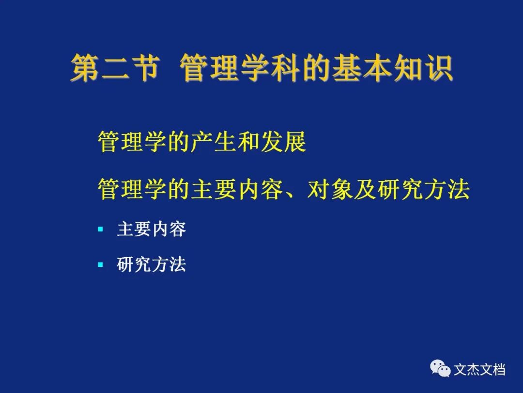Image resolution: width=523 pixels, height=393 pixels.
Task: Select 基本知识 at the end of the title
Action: (x=393, y=68)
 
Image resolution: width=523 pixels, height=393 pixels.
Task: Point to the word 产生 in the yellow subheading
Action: (x=214, y=142)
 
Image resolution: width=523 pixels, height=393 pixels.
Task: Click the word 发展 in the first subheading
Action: (x=283, y=142)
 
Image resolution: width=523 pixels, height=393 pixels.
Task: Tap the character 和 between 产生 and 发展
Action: (x=249, y=142)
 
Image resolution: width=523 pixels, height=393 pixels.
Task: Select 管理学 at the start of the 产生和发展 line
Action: (x=132, y=142)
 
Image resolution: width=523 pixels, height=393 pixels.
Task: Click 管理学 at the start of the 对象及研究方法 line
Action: (x=132, y=189)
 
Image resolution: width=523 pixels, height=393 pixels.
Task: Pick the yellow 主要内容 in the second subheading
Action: (x=237, y=189)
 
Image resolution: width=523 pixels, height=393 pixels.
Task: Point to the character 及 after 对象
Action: (x=365, y=189)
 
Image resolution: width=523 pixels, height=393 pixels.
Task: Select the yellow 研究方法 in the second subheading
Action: (x=423, y=189)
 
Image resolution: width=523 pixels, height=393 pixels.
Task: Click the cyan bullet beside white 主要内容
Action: (x=101, y=229)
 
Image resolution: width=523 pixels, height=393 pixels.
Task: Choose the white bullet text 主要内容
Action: (x=152, y=229)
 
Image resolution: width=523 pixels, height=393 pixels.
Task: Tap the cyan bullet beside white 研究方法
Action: (x=101, y=265)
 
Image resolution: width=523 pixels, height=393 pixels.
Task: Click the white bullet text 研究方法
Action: (x=152, y=265)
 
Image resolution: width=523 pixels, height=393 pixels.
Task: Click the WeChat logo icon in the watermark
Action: (x=440, y=368)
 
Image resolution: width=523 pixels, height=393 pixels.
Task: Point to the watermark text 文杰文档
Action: (x=479, y=370)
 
